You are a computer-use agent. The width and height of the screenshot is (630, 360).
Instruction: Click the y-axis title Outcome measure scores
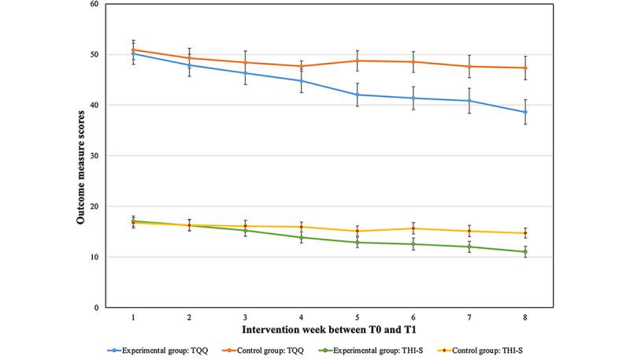[81, 155]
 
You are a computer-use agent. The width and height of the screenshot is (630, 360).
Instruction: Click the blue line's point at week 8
[525, 112]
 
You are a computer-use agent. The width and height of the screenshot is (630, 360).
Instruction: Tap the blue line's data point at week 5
[358, 95]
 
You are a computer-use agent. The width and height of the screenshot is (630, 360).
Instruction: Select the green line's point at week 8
[525, 252]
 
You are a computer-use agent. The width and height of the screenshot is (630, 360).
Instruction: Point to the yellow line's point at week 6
[413, 228]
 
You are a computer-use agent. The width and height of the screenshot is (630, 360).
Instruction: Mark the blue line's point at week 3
[246, 73]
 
